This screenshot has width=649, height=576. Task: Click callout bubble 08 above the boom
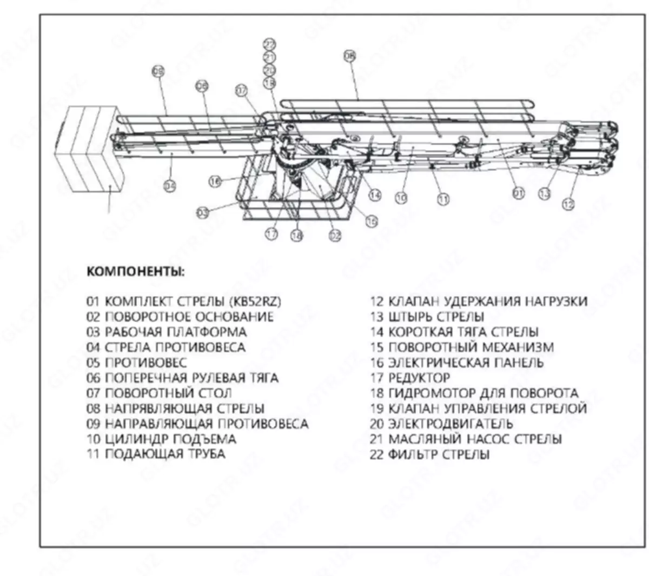tap(350, 56)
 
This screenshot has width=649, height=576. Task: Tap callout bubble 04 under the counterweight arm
tap(170, 186)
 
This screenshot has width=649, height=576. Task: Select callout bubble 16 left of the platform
tap(216, 182)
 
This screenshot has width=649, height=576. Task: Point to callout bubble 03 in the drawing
tap(202, 213)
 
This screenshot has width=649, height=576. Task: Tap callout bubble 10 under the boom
tap(401, 198)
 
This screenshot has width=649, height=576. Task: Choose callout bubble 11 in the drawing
tap(443, 199)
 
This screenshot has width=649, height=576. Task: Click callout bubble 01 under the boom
tap(519, 193)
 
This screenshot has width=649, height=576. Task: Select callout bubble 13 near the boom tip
tap(545, 193)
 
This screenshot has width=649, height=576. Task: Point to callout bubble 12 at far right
tap(568, 204)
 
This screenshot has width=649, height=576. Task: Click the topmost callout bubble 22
tap(269, 44)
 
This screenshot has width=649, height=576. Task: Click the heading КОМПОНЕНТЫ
tap(135, 271)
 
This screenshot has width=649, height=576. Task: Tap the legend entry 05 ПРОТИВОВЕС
tap(136, 363)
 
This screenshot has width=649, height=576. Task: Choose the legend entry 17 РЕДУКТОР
tap(409, 378)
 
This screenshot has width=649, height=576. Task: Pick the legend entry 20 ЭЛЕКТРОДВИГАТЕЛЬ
tap(441, 424)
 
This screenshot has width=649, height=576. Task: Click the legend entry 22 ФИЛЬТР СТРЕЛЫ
tap(429, 454)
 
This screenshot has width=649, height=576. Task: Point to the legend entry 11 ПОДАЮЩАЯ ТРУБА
tap(156, 454)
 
